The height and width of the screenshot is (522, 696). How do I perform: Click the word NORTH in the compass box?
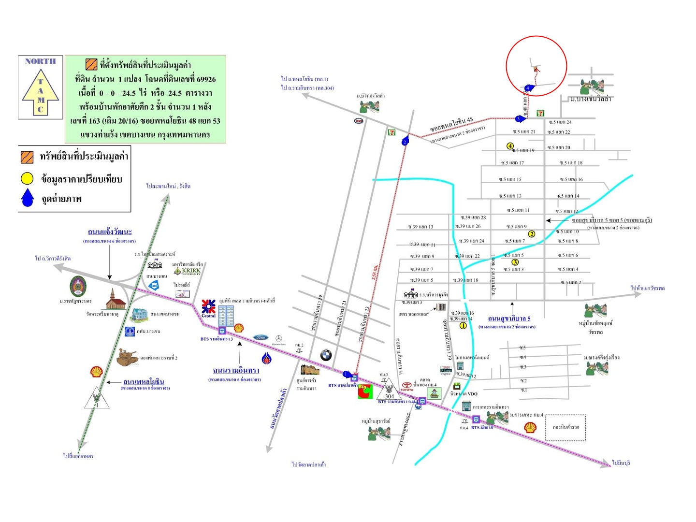(x=41, y=61)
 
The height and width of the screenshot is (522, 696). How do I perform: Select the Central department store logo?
(x=209, y=308)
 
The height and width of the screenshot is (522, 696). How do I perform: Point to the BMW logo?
(x=326, y=355)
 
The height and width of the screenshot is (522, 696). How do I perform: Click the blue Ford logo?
(x=261, y=337)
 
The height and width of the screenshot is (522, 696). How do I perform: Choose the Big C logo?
(x=365, y=391)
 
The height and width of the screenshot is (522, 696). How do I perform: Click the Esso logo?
(x=359, y=120)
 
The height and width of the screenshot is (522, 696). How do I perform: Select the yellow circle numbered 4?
(x=510, y=146)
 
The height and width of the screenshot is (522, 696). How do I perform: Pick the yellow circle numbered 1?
(x=463, y=325)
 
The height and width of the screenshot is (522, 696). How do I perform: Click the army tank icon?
(x=128, y=357)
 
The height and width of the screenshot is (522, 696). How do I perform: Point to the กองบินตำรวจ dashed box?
(x=565, y=427)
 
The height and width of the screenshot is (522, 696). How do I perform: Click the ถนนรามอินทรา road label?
(x=236, y=370)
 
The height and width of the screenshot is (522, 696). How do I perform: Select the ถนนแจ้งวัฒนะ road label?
(x=110, y=232)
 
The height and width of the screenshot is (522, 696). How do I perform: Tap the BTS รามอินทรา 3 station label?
(x=217, y=339)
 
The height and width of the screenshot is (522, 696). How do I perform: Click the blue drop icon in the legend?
(x=28, y=198)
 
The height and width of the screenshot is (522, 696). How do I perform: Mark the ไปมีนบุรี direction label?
(x=621, y=463)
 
